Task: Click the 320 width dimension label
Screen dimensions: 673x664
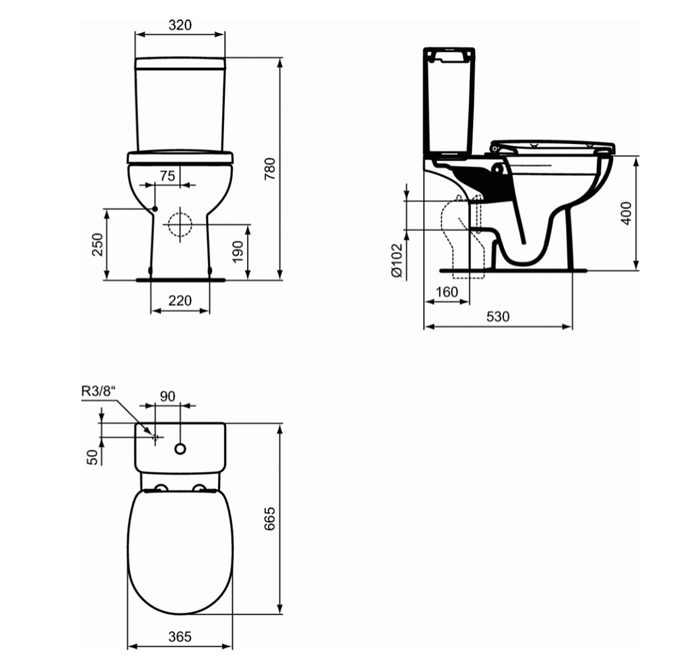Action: coord(180,25)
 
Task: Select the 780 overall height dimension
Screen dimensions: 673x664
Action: coord(270,169)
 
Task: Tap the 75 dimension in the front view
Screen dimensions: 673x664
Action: coord(168,176)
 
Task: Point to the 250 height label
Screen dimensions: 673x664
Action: coord(98,244)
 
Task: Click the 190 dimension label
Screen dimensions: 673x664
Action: coord(238,252)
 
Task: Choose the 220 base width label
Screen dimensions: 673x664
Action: coord(180,300)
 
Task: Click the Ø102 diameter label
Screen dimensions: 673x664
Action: coord(397,260)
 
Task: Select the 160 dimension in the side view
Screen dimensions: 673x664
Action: coord(447,292)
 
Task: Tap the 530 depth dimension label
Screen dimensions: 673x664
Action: coord(498,317)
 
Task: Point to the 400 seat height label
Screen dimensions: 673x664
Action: coord(626,213)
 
